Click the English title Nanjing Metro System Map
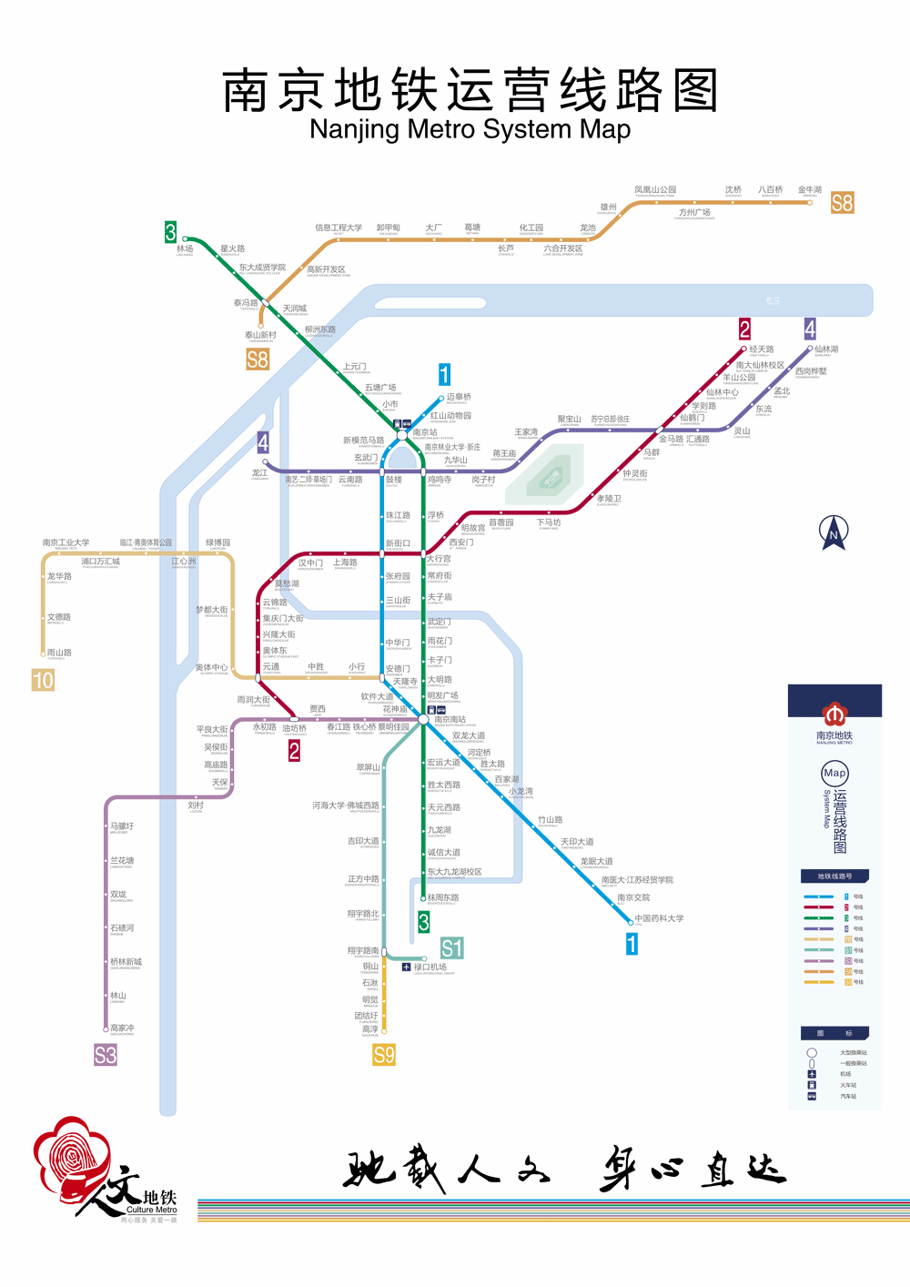(470, 129)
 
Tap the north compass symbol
(834, 532)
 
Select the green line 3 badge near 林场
(170, 232)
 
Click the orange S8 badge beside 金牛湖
(842, 203)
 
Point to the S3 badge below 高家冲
(106, 1055)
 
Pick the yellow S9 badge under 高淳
(384, 1055)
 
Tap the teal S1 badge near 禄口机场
(451, 948)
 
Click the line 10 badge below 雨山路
(43, 680)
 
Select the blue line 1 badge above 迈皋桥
(444, 374)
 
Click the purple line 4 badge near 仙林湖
(810, 329)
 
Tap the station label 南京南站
(450, 719)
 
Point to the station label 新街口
(398, 543)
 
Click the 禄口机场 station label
(430, 967)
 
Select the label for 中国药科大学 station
(659, 918)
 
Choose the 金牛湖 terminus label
(810, 189)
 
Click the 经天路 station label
(762, 350)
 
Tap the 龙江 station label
(260, 473)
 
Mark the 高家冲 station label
(122, 1028)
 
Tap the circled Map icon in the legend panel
(834, 774)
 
